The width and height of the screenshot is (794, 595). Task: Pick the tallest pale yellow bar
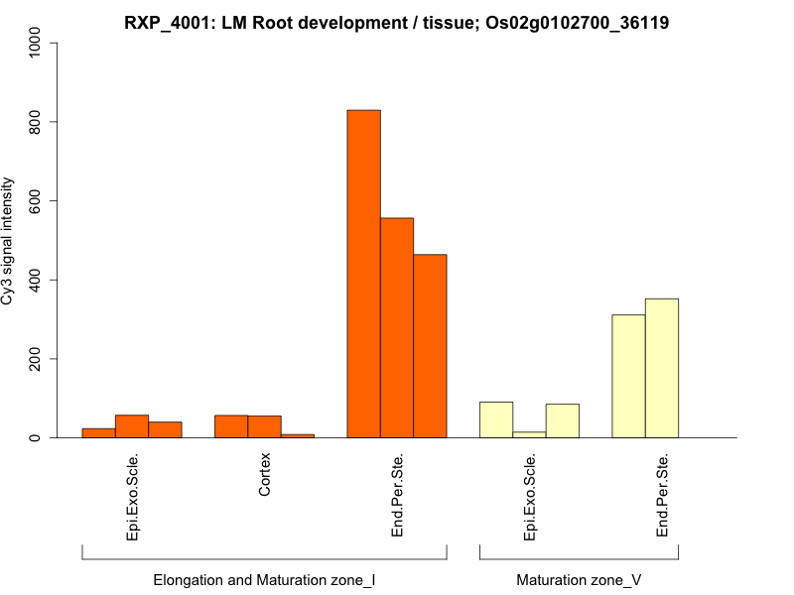pyautogui.click(x=662, y=368)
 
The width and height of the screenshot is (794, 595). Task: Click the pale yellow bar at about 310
pyautogui.click(x=628, y=376)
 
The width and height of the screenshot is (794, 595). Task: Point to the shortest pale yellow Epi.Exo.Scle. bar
pyautogui.click(x=529, y=434)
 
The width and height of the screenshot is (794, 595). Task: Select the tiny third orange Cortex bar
pyautogui.click(x=298, y=435)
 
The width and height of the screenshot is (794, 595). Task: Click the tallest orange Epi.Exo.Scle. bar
pyautogui.click(x=132, y=426)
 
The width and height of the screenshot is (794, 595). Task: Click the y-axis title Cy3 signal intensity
pyautogui.click(x=9, y=240)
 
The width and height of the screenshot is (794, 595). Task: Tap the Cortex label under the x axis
pyautogui.click(x=264, y=476)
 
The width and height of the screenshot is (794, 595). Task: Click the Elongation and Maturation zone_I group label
pyautogui.click(x=264, y=579)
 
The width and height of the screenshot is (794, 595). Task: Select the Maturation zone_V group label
pyautogui.click(x=579, y=579)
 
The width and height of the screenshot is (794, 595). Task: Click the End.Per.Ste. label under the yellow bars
pyautogui.click(x=662, y=496)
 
